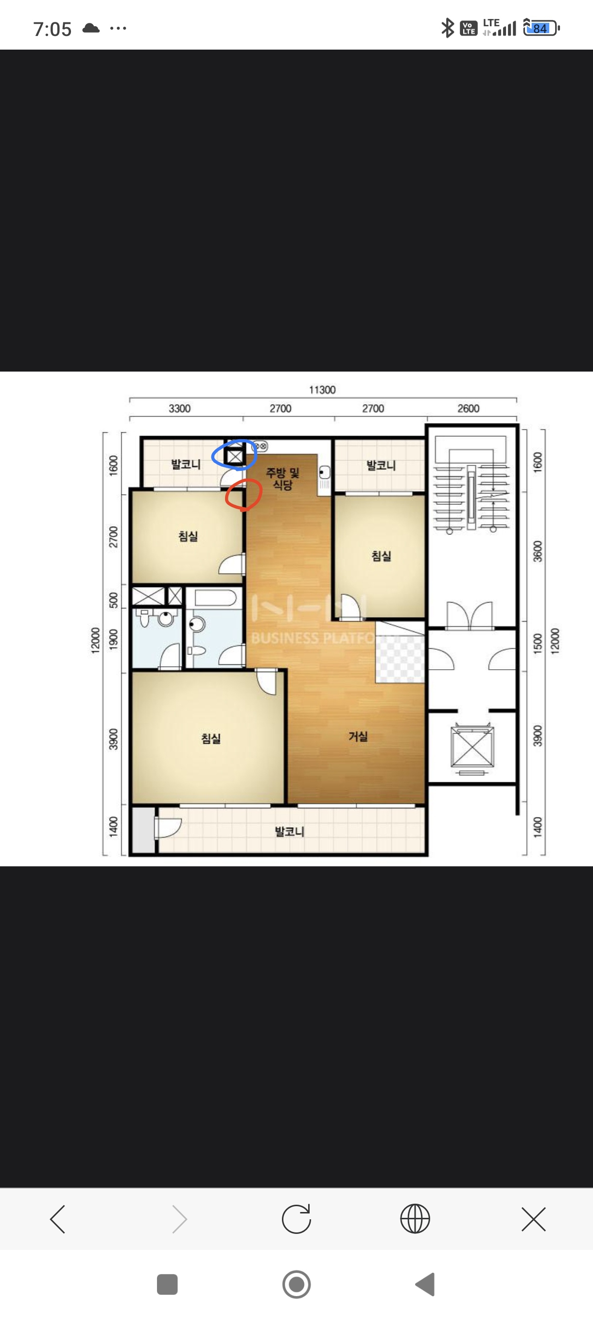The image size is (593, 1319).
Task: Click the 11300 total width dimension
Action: (x=322, y=390)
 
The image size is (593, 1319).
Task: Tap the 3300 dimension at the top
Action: (x=179, y=408)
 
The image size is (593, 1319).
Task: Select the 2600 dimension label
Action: (x=468, y=408)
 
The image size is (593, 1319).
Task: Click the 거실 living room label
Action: (x=358, y=736)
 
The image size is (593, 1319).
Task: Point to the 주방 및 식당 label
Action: (x=282, y=478)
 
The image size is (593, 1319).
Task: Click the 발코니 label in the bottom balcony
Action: (x=290, y=832)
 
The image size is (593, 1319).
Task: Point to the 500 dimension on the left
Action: (x=114, y=600)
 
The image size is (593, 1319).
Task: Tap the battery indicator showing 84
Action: (x=541, y=28)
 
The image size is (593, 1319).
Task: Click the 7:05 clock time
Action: (x=52, y=29)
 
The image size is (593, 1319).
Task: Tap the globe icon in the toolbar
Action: (x=415, y=1219)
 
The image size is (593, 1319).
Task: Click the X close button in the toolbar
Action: (x=534, y=1219)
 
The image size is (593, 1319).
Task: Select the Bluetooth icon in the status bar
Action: (x=448, y=28)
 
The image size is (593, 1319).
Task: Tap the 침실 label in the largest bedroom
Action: (x=211, y=738)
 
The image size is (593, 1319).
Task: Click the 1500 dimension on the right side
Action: (x=537, y=643)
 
